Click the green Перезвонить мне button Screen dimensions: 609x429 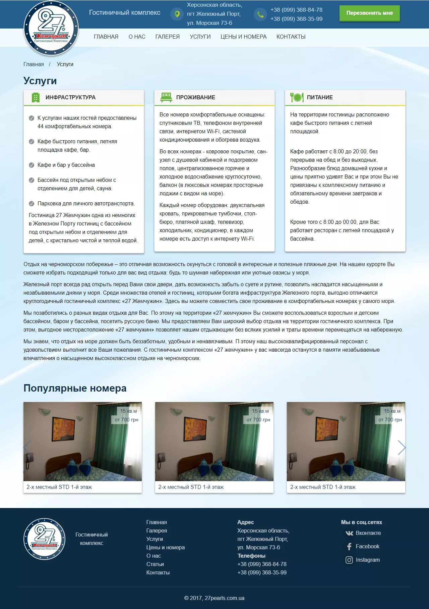[369, 13]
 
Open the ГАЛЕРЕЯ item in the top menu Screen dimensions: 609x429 [167, 37]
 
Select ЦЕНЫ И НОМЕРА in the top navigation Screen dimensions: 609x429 [243, 37]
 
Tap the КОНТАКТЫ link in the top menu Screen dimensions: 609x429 [291, 37]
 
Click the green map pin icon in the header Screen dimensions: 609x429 [177, 14]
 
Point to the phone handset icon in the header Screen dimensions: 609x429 [260, 14]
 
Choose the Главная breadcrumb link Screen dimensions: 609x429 [34, 64]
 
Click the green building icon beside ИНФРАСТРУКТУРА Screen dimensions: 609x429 [35, 97]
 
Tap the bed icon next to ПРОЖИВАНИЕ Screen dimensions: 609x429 [166, 97]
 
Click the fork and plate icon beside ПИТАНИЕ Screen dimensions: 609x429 [297, 97]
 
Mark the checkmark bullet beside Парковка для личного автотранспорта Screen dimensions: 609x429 [32, 204]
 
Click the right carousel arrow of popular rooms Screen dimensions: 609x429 [402, 447]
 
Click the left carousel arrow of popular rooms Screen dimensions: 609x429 [27, 447]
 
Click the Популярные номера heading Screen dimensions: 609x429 [75, 388]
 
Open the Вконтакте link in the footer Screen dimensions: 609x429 [368, 533]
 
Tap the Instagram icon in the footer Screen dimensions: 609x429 [349, 560]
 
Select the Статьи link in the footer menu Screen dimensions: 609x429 [155, 564]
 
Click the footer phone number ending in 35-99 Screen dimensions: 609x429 [262, 572]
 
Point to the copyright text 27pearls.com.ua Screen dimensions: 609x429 [214, 598]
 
